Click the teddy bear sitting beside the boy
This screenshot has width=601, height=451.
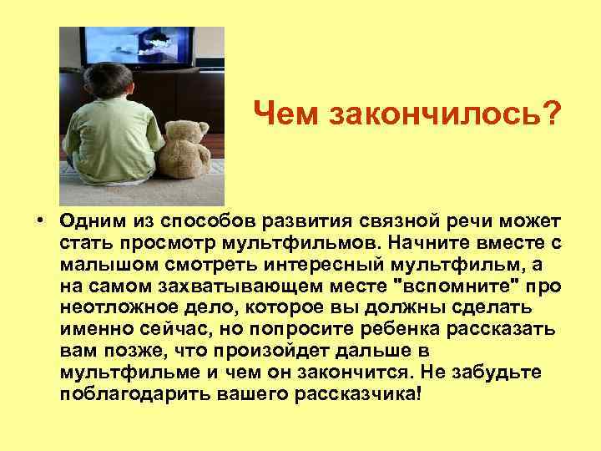click(x=188, y=150)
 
